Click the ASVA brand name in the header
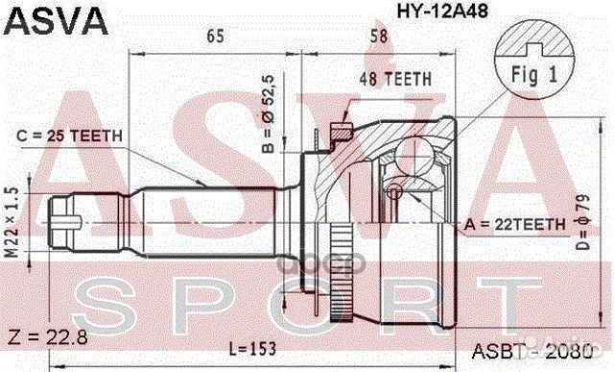[56, 20]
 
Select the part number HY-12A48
[442, 11]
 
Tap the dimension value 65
[215, 37]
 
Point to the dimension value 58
[378, 37]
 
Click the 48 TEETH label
[395, 79]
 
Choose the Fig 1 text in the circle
[534, 75]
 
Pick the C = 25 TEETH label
[70, 136]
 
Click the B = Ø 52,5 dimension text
[269, 113]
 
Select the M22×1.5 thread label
[12, 222]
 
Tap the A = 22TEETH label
[515, 225]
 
